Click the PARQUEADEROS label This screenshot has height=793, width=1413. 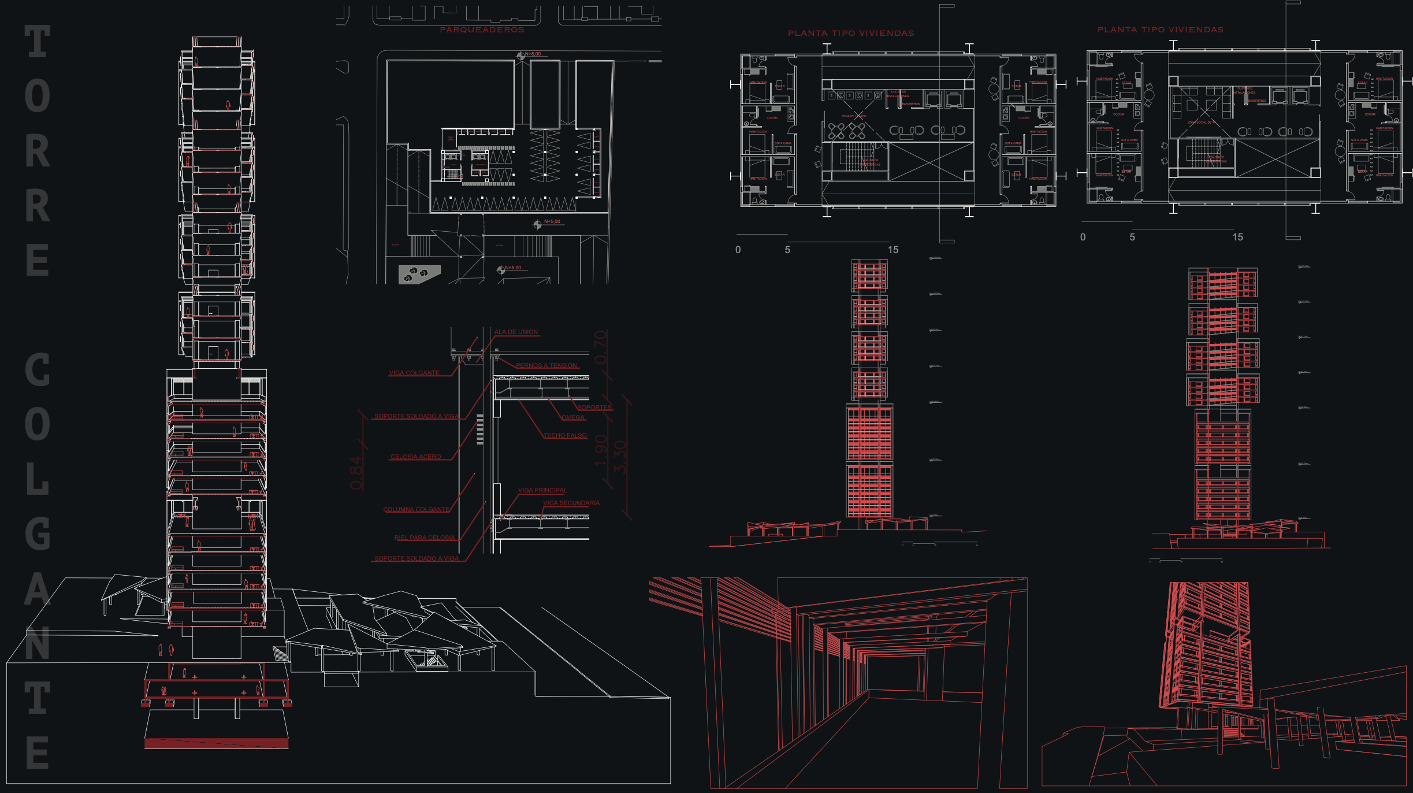click(482, 29)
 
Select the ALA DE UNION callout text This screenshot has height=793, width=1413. click(516, 332)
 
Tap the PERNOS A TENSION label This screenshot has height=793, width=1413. click(546, 365)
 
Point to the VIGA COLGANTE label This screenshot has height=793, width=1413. click(414, 373)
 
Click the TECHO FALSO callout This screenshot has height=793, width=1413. click(565, 435)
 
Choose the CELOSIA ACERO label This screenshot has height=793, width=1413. click(415, 457)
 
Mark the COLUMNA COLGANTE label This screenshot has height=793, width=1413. click(416, 509)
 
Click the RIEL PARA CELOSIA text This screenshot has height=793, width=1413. click(425, 538)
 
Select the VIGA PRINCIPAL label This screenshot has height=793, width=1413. click(542, 490)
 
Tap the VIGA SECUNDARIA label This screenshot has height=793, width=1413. click(571, 503)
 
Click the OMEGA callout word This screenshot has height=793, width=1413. click(573, 417)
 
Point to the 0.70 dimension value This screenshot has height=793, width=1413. click(601, 347)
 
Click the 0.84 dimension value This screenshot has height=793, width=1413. click(356, 473)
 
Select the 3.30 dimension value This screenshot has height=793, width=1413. click(619, 457)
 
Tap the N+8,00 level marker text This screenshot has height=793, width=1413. click(533, 54)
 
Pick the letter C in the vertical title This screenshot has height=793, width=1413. click(38, 370)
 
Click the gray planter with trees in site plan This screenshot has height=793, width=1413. click(418, 273)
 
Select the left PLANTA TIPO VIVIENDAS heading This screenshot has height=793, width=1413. click(851, 33)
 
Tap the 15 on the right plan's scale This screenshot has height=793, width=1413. click(1237, 237)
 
